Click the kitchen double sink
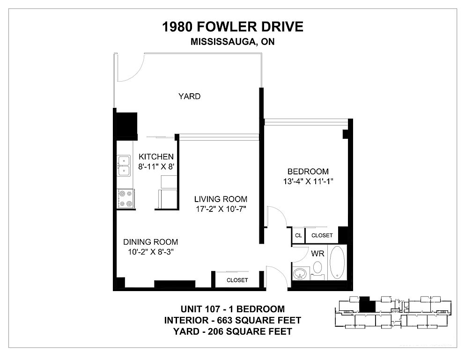(124, 165)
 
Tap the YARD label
(189, 96)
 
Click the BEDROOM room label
(308, 171)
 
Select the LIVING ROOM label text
(221, 199)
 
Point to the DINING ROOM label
(151, 242)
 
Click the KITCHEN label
(156, 157)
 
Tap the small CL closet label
(298, 235)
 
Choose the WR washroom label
(317, 254)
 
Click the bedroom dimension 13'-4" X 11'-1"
(308, 181)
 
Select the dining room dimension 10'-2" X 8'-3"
(151, 252)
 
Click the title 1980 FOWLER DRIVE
(232, 27)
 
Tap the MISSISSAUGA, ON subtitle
(232, 42)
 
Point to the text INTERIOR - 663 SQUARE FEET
(232, 320)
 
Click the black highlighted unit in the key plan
(368, 305)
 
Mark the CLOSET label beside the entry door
(237, 280)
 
